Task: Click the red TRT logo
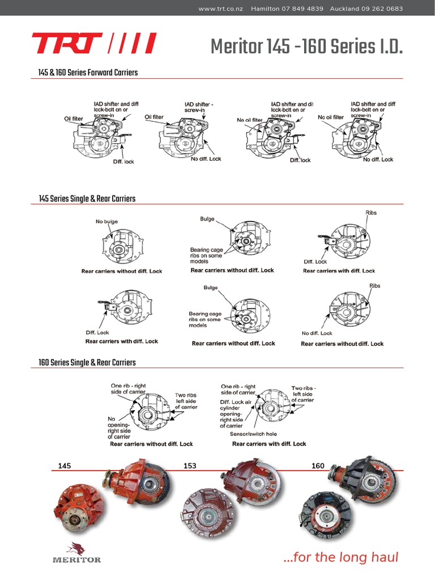tap(93, 44)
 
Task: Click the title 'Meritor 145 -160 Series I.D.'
tap(306, 46)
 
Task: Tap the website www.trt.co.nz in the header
tap(220, 8)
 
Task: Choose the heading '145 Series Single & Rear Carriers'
tap(87, 199)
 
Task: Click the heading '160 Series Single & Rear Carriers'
tap(87, 362)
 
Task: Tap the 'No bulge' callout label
tap(106, 221)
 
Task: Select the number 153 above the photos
tap(190, 466)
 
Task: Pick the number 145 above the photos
tap(65, 466)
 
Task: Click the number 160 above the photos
tap(318, 466)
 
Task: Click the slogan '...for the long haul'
tap(340, 557)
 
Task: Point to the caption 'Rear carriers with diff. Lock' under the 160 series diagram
tap(269, 444)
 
